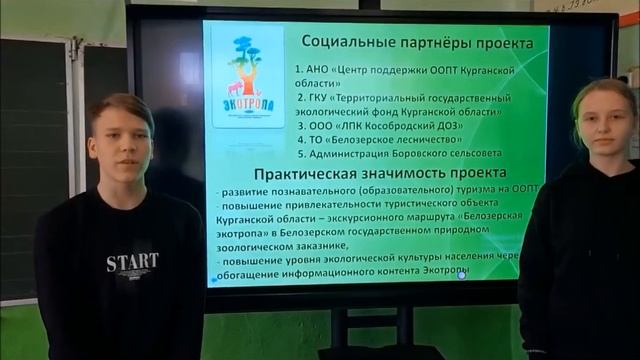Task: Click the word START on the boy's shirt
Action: (x=132, y=263)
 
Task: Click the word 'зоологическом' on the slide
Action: (x=257, y=242)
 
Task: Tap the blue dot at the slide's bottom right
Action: (x=462, y=274)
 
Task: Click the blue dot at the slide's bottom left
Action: (x=212, y=281)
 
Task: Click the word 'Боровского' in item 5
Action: (x=438, y=155)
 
